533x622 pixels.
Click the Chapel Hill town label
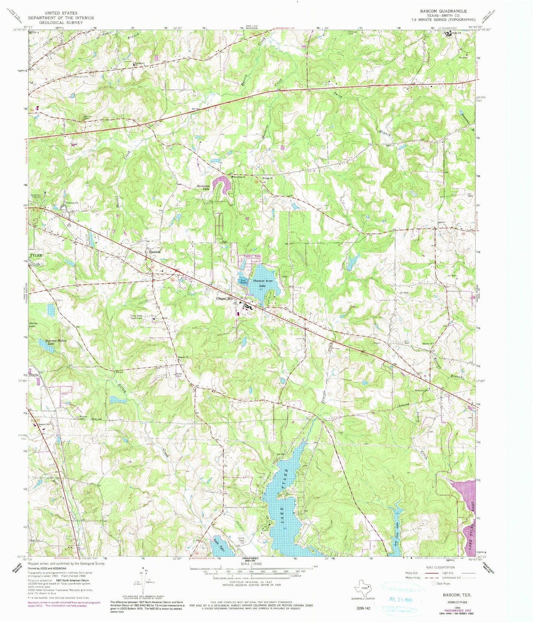225,299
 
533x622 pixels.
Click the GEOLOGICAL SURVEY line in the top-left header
62,23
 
